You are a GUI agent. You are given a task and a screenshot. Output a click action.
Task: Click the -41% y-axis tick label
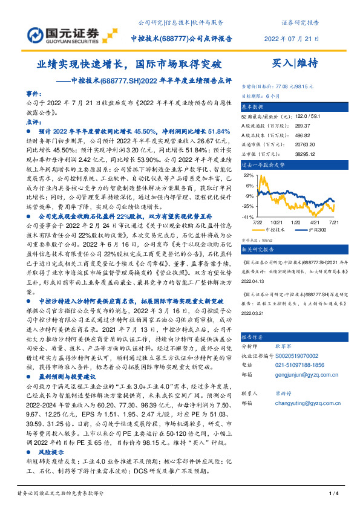[x=248, y=216]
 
